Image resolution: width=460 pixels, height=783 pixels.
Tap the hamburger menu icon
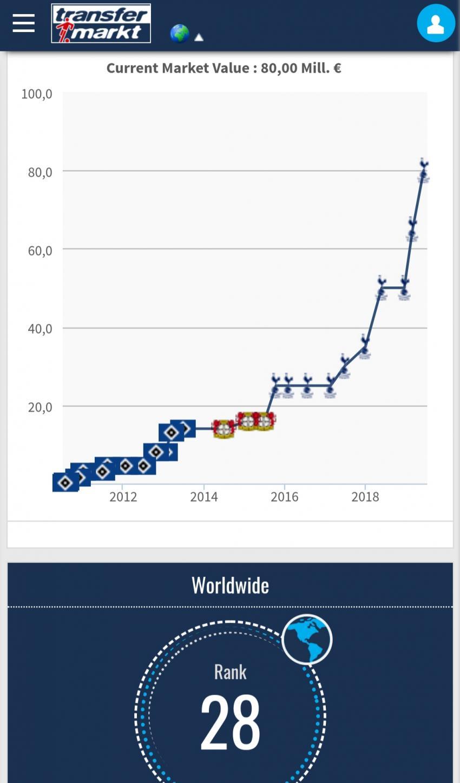click(24, 23)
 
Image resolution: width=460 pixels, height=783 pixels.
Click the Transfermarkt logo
click(101, 23)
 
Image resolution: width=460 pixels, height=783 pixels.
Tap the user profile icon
click(436, 23)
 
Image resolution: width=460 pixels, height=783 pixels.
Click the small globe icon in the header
click(179, 34)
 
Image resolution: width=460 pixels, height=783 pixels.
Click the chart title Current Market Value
click(224, 68)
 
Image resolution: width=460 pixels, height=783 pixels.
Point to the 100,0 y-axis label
click(37, 94)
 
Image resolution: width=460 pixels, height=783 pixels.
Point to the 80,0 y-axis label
click(40, 172)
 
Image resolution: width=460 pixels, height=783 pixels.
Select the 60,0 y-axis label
click(40, 250)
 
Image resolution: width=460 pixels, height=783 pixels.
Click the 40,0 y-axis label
click(40, 329)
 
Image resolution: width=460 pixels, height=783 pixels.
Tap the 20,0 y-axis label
click(40, 407)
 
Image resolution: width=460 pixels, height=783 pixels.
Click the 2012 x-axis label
click(123, 497)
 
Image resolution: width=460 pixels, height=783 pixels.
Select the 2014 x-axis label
click(203, 497)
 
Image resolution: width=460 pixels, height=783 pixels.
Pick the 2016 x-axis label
click(284, 497)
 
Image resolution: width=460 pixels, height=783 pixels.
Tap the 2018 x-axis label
click(365, 497)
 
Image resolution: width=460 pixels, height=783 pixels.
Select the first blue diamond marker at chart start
click(65, 482)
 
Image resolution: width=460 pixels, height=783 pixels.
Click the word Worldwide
click(230, 585)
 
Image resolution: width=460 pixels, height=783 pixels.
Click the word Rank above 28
click(230, 672)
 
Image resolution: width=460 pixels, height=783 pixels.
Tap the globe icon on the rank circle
click(307, 640)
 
